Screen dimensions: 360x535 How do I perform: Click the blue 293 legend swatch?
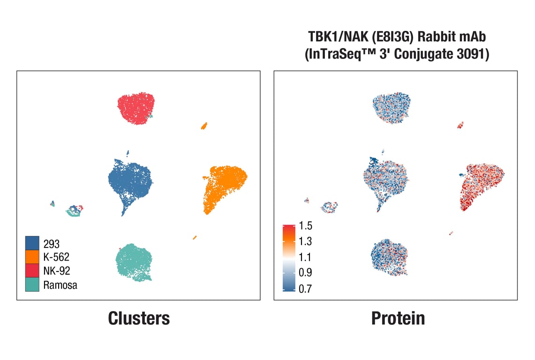(32, 243)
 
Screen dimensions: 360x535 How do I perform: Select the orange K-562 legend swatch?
(32, 257)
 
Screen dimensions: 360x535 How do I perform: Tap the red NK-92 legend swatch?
(32, 270)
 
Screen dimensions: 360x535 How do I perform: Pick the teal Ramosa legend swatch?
(32, 284)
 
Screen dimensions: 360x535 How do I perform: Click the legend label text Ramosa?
(60, 285)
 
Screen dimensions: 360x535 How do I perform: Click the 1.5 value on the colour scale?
(305, 226)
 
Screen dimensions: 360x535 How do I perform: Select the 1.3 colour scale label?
(305, 241)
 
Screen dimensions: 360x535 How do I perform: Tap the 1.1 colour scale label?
(305, 257)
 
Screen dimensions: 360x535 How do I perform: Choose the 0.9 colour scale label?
(305, 272)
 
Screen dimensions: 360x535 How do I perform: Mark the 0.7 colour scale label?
(305, 288)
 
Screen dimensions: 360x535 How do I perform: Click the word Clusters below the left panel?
(139, 318)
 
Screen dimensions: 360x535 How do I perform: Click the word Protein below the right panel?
(398, 318)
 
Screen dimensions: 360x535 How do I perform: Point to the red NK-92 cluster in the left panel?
(136, 108)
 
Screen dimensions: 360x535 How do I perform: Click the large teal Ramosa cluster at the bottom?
(134, 262)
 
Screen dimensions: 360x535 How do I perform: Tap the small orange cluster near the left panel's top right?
(204, 126)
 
